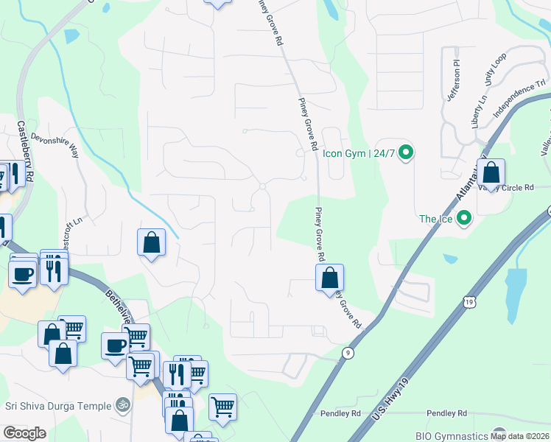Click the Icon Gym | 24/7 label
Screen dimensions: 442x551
coord(359,154)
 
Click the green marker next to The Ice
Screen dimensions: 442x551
coord(464,218)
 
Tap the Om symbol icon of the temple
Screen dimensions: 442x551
coord(123,404)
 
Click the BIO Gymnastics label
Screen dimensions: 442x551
coord(452,435)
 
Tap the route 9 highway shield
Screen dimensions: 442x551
coord(348,354)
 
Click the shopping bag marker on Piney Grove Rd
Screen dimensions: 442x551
coord(330,278)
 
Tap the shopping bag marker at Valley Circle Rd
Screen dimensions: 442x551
coord(491,174)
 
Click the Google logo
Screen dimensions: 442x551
coord(24,433)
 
